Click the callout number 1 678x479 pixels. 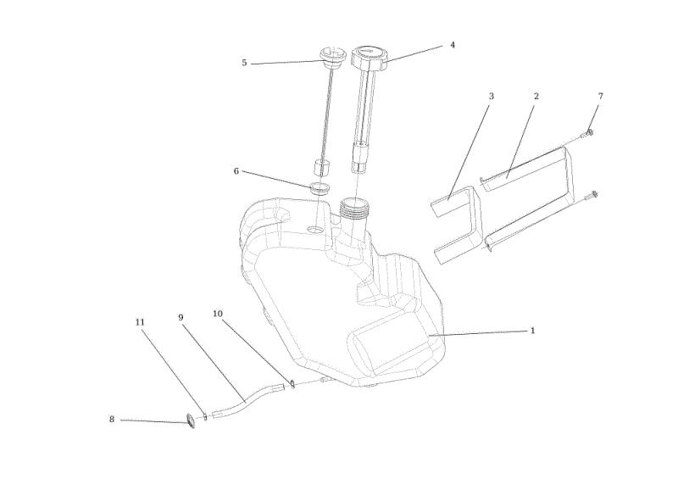click(x=533, y=331)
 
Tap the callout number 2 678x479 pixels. click(x=536, y=96)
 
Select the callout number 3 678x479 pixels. click(x=492, y=96)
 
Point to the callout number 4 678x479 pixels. click(x=453, y=45)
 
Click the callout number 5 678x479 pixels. click(x=244, y=63)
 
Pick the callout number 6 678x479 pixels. click(x=236, y=171)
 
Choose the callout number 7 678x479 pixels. click(x=601, y=96)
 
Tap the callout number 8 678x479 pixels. click(x=112, y=420)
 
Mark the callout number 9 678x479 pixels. click(x=181, y=318)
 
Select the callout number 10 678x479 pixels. click(x=218, y=314)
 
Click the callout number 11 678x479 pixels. click(x=140, y=322)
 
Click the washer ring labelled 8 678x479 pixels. click(x=190, y=421)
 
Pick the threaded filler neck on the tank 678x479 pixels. click(x=353, y=207)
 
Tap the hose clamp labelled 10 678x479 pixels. click(x=292, y=384)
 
